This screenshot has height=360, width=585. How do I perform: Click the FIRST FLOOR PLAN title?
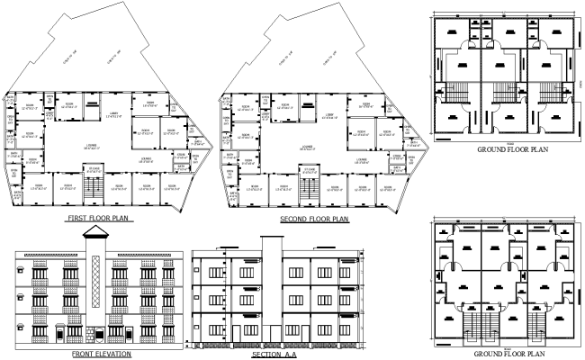pos(99,219)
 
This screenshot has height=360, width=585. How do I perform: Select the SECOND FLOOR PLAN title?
pos(314,219)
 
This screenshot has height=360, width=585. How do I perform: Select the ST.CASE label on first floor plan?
pos(94,168)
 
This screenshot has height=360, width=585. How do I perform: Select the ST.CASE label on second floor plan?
pos(309,168)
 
